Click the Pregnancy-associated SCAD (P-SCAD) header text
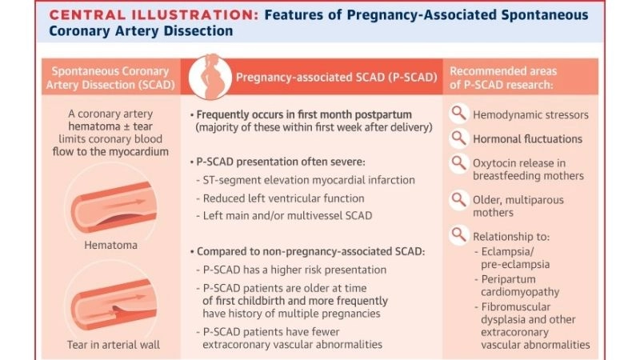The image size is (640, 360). pyautogui.click(x=334, y=77)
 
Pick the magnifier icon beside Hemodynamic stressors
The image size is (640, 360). pyautogui.click(x=458, y=114)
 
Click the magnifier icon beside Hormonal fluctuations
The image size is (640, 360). pyautogui.click(x=458, y=138)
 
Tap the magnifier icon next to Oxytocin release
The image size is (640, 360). pyautogui.click(x=458, y=163)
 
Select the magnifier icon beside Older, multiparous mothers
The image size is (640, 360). pyautogui.click(x=458, y=200)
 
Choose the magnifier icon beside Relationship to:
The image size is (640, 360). pyautogui.click(x=458, y=235)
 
